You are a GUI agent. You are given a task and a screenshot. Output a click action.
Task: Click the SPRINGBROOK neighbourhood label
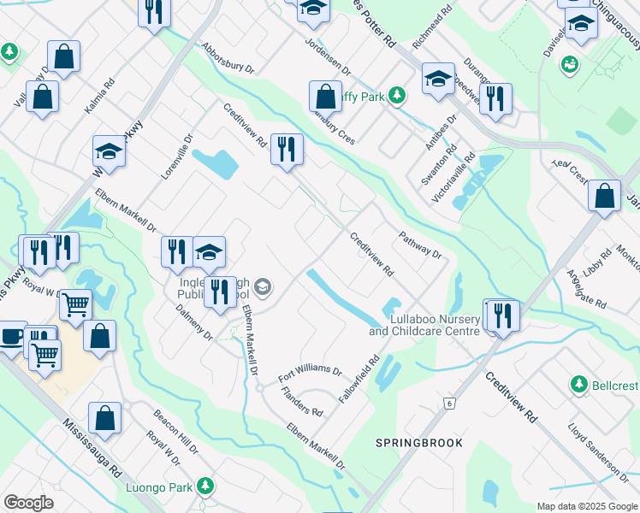419,443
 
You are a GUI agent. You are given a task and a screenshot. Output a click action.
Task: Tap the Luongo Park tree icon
204,486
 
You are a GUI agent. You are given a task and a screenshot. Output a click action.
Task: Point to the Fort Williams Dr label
310,374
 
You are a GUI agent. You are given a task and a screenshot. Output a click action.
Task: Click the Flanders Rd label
302,401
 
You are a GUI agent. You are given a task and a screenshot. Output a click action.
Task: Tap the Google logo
28,503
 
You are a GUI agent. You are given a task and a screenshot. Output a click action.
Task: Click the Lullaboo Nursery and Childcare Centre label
423,324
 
